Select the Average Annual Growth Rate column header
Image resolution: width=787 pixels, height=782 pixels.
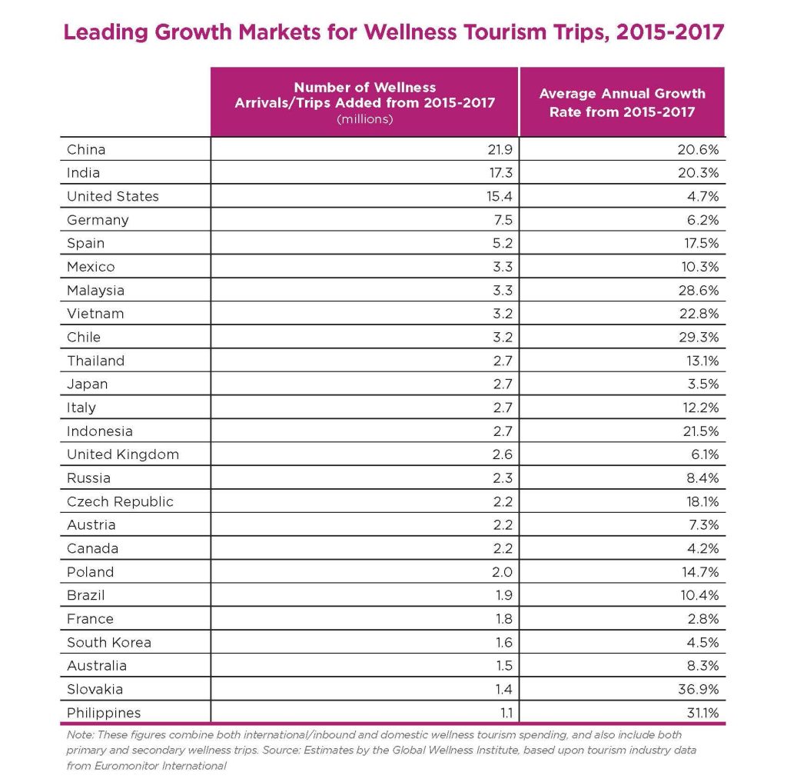click(622, 101)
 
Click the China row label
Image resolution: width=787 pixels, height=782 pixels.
click(86, 149)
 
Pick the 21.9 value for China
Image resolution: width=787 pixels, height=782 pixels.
click(498, 149)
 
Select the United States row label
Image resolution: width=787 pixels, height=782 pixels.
click(113, 196)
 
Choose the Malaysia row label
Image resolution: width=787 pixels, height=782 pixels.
click(95, 290)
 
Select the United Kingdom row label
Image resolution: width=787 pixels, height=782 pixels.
click(123, 454)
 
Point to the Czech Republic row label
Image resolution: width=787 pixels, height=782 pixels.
click(120, 501)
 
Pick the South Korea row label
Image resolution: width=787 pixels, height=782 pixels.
click(109, 642)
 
